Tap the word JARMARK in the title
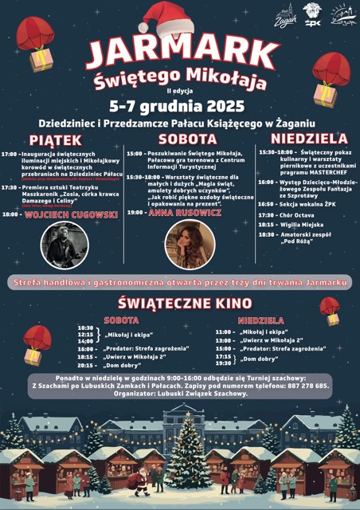pos(179,53)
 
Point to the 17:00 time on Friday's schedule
pos(10,153)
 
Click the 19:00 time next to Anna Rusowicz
pos(135,212)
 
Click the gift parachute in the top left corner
pos(36,44)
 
